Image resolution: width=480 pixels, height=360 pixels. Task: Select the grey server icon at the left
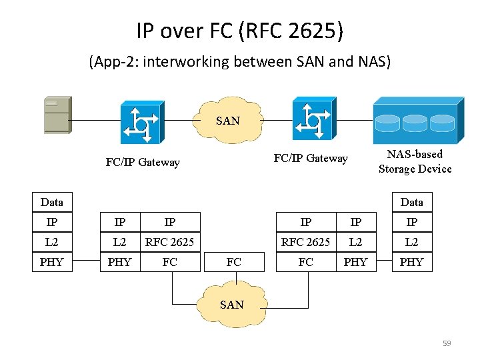click(57, 115)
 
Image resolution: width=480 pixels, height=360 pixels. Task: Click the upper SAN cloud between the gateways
click(228, 120)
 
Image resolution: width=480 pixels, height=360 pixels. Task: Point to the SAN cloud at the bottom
click(231, 305)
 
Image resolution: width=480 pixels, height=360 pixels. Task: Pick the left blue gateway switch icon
click(141, 122)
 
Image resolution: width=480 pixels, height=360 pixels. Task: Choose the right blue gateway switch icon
click(312, 119)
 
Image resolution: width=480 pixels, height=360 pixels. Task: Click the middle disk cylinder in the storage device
click(417, 123)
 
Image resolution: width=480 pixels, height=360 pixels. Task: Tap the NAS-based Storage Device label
click(415, 161)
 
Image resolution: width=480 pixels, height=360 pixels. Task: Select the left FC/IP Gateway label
click(143, 162)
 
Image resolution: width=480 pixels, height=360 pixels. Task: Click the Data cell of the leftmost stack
click(51, 202)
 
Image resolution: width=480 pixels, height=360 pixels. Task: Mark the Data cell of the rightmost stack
click(411, 202)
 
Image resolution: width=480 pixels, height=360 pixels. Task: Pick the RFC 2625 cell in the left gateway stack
click(170, 242)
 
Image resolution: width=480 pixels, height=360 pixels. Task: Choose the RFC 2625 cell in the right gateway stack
click(305, 242)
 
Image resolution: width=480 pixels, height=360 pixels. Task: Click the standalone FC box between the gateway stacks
click(233, 262)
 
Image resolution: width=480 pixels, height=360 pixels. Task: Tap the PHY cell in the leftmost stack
click(51, 262)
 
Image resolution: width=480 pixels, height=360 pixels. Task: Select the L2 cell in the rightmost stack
click(411, 242)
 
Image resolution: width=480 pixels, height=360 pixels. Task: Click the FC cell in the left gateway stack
click(170, 262)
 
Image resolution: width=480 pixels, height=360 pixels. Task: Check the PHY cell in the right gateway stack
click(355, 262)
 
